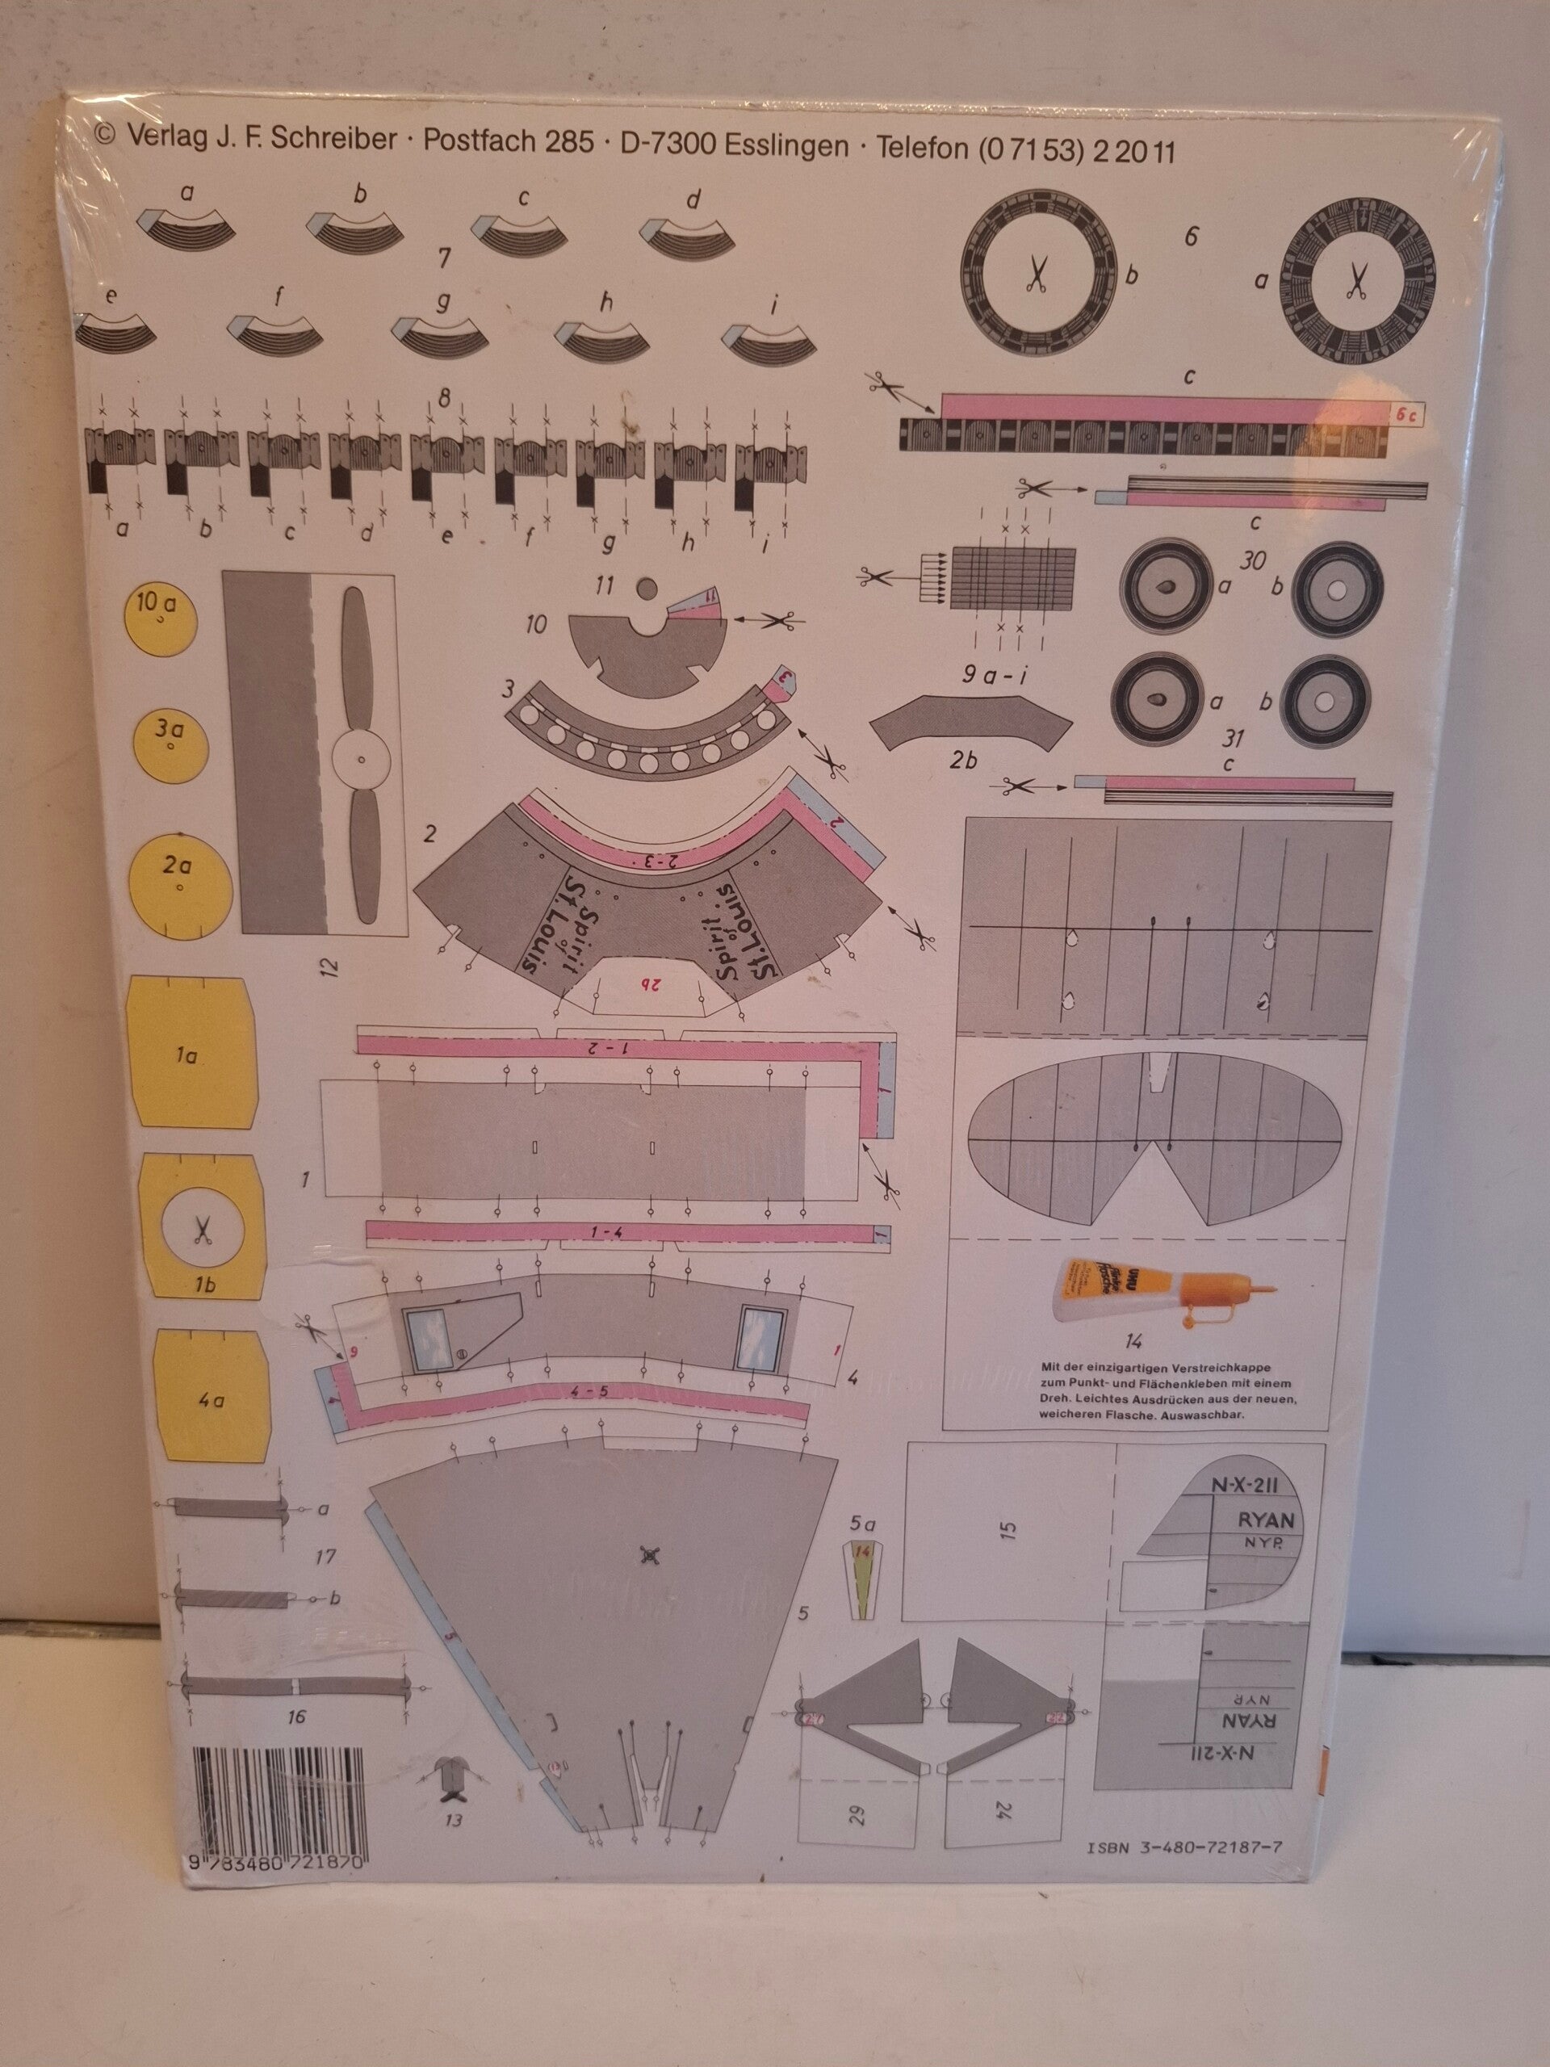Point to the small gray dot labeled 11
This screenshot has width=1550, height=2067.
tap(646, 588)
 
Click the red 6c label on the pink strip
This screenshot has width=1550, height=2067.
tap(1405, 417)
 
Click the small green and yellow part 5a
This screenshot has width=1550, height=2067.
tap(862, 1579)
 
